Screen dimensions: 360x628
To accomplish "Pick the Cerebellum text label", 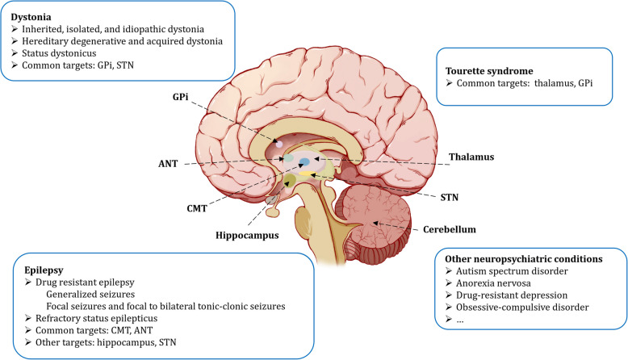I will (455, 228).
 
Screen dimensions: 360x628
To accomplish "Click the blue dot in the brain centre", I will (306, 162).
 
